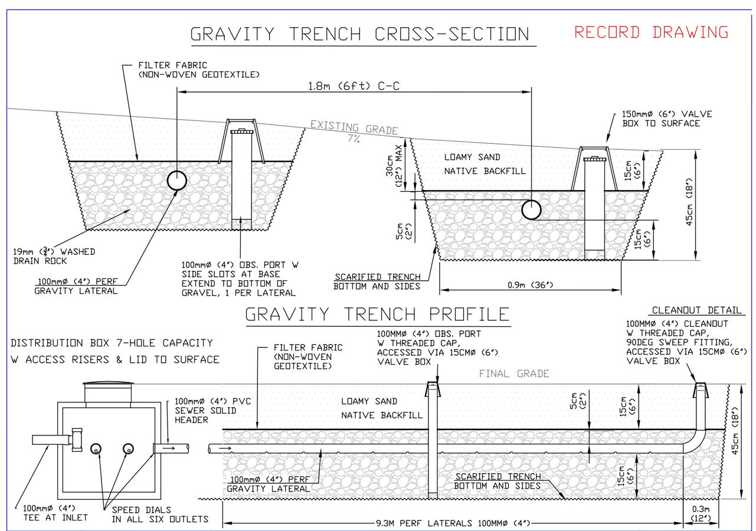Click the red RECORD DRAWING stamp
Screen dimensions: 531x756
652,32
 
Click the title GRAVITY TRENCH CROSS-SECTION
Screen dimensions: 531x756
360,34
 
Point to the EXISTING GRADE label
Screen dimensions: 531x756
354,127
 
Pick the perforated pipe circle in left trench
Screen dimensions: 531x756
176,181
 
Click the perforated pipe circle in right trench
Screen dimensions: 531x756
532,209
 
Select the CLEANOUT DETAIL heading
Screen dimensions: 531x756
696,310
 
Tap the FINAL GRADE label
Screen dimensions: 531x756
514,373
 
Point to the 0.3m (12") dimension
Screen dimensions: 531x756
701,513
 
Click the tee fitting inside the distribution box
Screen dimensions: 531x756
76,440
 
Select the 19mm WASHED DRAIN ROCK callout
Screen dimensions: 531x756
54,256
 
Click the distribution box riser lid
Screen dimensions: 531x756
109,385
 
